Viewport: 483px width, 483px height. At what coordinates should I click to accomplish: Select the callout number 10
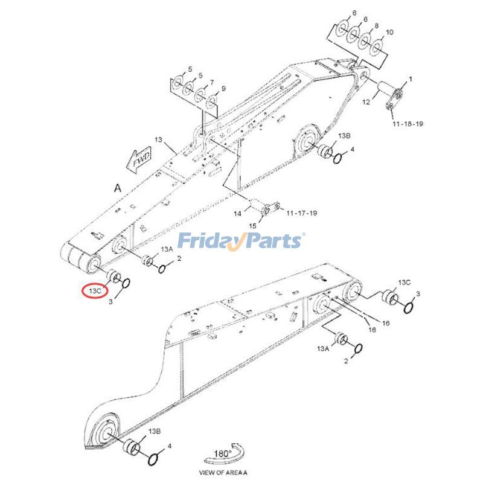point(389,32)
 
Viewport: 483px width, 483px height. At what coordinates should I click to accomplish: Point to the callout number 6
point(354,13)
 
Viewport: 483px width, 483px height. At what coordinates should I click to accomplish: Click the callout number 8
point(376,26)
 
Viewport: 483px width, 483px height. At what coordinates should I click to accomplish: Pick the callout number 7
point(212,82)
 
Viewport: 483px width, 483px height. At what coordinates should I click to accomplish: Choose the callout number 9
point(223,89)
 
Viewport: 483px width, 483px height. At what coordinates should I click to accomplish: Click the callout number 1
point(411,79)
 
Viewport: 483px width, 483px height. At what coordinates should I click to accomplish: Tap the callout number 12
point(365,103)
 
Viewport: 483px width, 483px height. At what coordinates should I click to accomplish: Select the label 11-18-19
point(408,123)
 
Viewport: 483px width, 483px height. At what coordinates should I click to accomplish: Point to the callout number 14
point(237,213)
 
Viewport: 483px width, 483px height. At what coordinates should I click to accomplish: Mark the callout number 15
point(253,225)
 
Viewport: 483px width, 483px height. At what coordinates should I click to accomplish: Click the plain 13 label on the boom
point(158,140)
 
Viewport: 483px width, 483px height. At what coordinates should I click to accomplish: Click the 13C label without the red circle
point(404,283)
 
